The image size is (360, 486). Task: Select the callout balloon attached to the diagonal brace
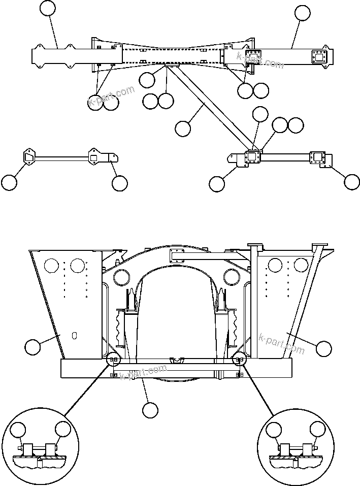183,128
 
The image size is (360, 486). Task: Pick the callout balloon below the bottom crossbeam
150,410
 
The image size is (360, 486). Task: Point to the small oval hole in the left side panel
74,335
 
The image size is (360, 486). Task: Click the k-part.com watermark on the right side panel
282,344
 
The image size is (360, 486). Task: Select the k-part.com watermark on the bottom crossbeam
144,373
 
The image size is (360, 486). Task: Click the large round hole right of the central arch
232,277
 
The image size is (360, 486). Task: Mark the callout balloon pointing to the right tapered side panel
323,348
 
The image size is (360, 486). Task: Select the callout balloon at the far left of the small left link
9,182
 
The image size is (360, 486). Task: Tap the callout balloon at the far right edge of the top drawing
351,181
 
